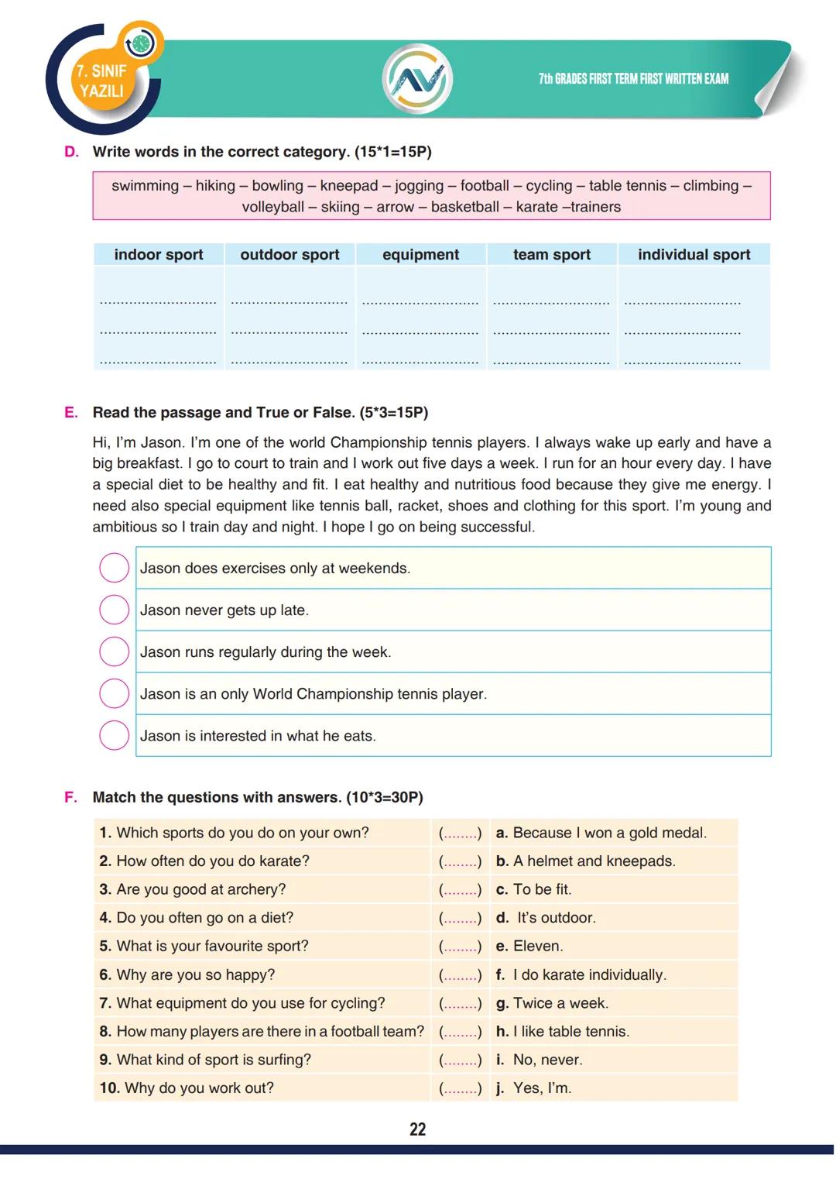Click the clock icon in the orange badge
click(x=141, y=44)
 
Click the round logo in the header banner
click(x=417, y=79)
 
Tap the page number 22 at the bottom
click(x=417, y=1129)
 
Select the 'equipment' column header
click(x=420, y=254)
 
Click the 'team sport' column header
click(x=551, y=254)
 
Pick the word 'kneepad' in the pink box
click(x=348, y=186)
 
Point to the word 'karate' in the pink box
click(x=536, y=207)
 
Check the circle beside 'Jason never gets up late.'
click(x=114, y=610)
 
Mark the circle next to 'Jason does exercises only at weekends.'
click(x=114, y=568)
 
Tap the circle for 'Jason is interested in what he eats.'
click(x=114, y=735)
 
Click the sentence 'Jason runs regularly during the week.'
click(x=266, y=652)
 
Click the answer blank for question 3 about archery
click(x=460, y=890)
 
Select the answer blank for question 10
click(x=460, y=1088)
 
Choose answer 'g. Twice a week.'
click(x=552, y=1003)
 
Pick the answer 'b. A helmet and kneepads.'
click(x=585, y=861)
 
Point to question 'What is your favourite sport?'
click(x=212, y=946)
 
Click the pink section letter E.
click(x=71, y=413)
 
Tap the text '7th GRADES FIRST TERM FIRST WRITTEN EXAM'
click(x=633, y=79)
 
